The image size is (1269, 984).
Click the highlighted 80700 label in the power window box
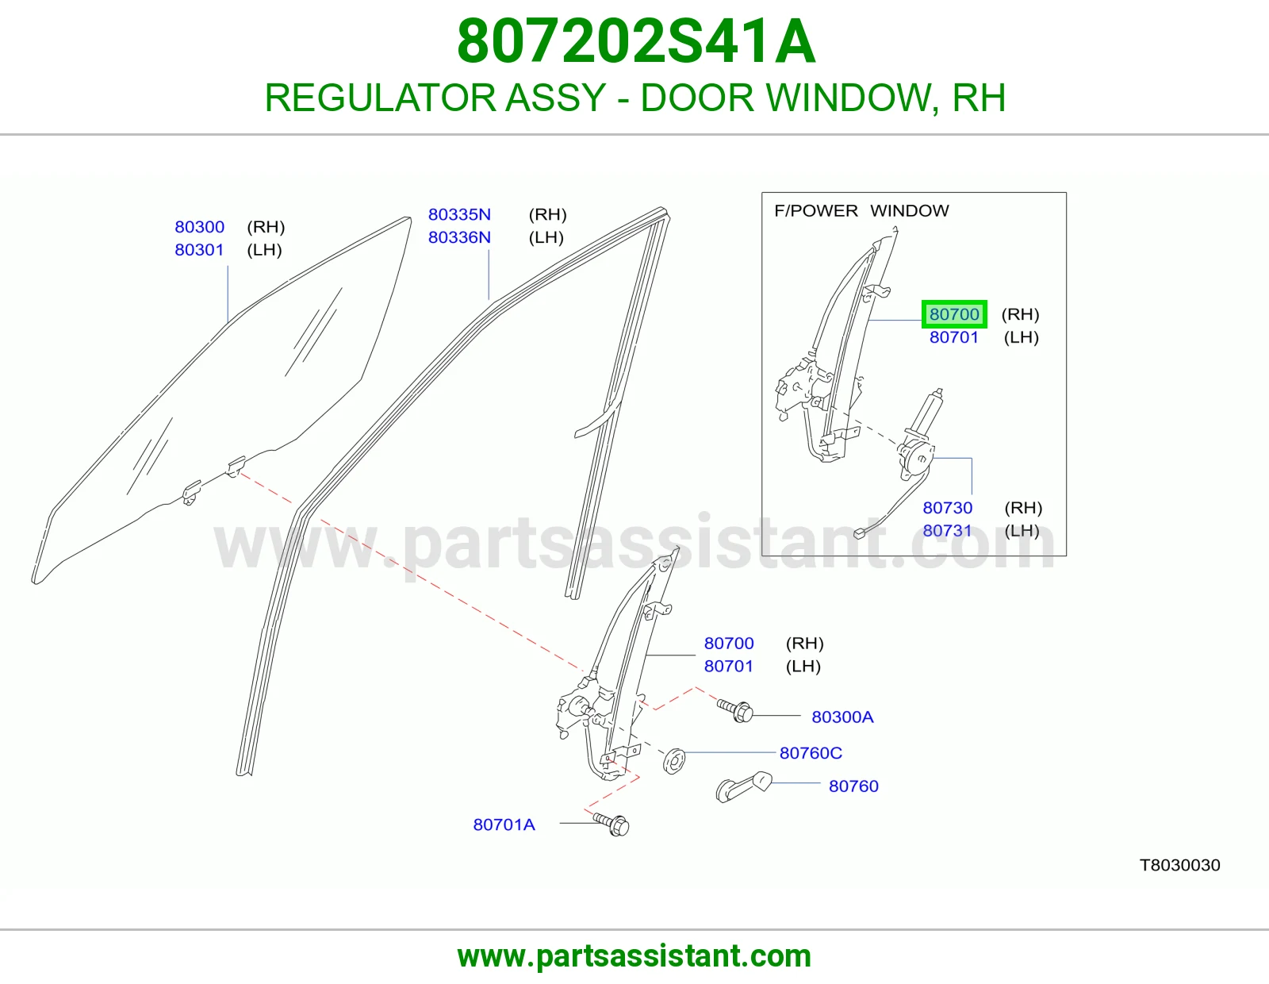point(953,314)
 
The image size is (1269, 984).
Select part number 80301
point(199,250)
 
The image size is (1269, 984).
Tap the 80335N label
point(459,214)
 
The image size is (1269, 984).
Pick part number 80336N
point(459,237)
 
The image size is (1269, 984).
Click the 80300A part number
point(842,717)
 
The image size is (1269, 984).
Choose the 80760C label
point(811,752)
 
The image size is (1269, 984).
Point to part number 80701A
point(504,824)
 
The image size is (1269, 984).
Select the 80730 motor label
point(948,508)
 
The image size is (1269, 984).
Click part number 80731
point(948,531)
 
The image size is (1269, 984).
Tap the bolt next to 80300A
point(735,711)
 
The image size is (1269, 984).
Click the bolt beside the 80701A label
point(611,824)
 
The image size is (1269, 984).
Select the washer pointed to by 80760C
point(674,761)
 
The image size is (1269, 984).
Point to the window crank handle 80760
point(743,787)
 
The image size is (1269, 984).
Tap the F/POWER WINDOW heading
point(861,210)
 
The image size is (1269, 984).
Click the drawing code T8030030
point(1179,865)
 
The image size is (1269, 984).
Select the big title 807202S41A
point(636,41)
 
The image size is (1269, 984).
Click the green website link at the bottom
point(634,956)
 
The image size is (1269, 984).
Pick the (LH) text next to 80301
point(265,250)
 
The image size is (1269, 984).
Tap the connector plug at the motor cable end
point(859,533)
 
